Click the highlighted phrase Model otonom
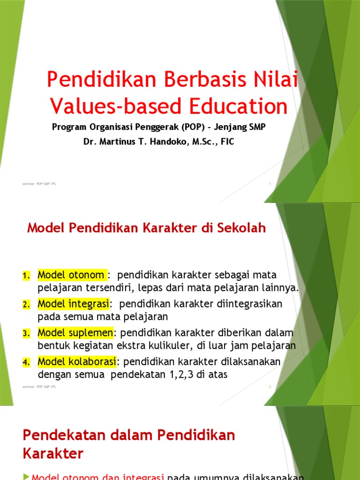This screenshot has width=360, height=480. (x=72, y=275)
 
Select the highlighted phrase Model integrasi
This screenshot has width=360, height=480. (x=73, y=304)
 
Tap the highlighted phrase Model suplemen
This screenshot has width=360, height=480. (x=75, y=333)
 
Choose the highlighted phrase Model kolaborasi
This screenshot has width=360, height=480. (x=77, y=362)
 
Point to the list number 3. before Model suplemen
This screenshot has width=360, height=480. (x=26, y=333)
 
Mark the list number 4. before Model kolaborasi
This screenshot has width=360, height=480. (x=26, y=362)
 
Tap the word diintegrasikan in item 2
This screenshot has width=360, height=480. (x=242, y=304)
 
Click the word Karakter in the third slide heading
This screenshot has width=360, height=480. (x=53, y=454)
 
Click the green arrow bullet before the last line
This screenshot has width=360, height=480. (x=26, y=477)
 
